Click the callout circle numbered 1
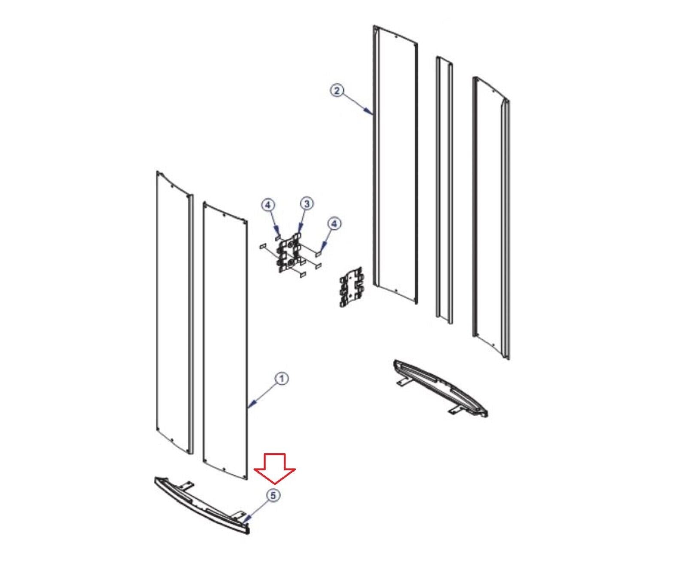282,379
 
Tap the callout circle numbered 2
337,91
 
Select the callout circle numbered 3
307,204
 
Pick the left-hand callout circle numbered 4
268,206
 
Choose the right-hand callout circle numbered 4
334,224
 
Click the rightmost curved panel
491,218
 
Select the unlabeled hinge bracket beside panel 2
352,287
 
